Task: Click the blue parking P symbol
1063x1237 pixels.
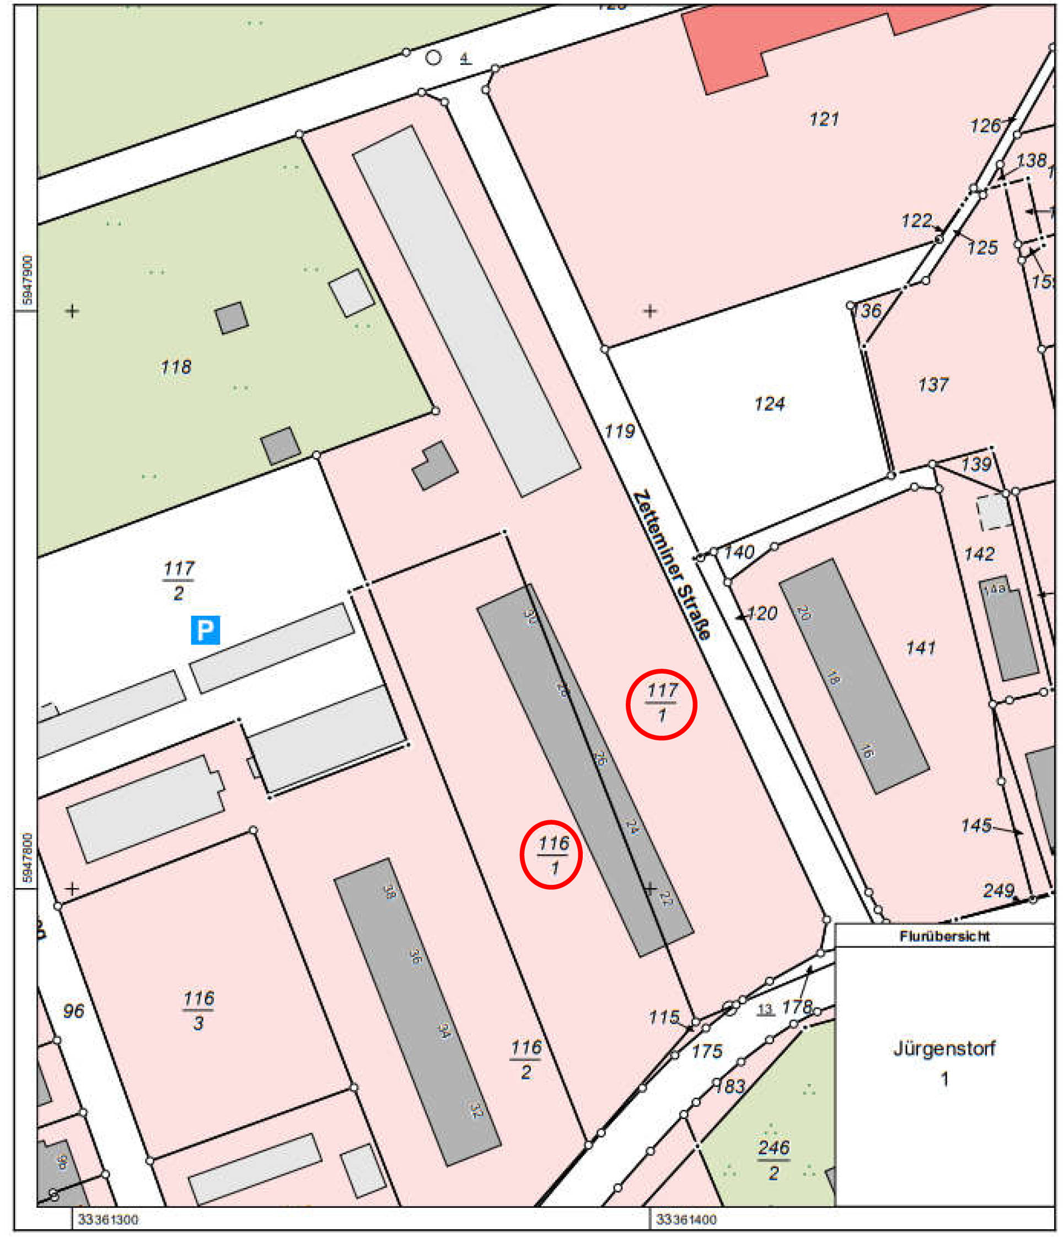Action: (205, 630)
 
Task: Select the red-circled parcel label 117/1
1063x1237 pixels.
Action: (661, 703)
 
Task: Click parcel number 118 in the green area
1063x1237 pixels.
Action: (175, 367)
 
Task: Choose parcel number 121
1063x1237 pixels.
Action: (824, 120)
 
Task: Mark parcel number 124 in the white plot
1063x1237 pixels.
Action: (769, 404)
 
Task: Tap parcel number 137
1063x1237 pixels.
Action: (932, 384)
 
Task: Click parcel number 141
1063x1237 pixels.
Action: (920, 648)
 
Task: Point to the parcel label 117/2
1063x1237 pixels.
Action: (179, 580)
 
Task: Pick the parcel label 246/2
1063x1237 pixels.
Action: (774, 1159)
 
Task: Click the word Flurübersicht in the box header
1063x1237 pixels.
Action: (943, 936)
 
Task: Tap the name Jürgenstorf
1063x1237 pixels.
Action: (943, 1048)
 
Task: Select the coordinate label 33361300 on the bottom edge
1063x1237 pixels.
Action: (108, 1219)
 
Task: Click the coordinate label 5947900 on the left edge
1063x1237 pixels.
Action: (27, 281)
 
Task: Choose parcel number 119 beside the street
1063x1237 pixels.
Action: (619, 431)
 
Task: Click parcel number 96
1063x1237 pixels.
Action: (73, 1011)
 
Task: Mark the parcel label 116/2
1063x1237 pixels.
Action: (525, 1059)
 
